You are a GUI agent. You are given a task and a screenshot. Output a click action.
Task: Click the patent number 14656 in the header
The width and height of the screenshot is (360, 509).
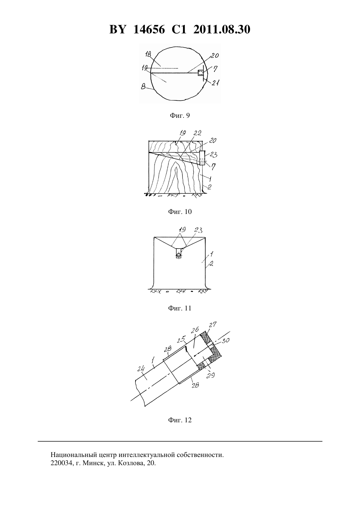pyautogui.click(x=149, y=29)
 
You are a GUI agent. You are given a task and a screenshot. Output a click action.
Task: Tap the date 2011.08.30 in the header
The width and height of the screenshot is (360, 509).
pyautogui.click(x=222, y=29)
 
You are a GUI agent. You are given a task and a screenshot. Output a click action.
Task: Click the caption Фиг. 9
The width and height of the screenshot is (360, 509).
pyautogui.click(x=180, y=116)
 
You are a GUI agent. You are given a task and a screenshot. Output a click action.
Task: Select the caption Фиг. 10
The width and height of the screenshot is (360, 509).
pyautogui.click(x=180, y=212)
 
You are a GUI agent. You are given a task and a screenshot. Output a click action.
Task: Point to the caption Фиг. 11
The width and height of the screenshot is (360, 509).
pyautogui.click(x=180, y=308)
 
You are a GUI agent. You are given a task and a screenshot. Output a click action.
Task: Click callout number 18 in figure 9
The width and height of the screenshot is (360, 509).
pyautogui.click(x=148, y=55)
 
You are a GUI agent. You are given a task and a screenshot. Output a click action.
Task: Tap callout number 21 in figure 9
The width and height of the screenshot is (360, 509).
pyautogui.click(x=215, y=83)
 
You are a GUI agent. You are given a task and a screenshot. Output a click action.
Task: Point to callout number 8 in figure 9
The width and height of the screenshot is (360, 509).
pyautogui.click(x=143, y=87)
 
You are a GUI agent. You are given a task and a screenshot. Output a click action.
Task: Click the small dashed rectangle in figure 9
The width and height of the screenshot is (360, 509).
pyautogui.click(x=201, y=73)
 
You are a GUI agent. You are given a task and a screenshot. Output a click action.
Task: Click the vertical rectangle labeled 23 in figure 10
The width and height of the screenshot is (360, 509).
pyautogui.click(x=202, y=157)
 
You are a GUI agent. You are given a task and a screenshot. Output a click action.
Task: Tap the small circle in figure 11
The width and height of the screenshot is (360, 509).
pyautogui.click(x=179, y=255)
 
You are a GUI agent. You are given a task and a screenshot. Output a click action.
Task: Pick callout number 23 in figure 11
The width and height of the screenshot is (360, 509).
pyautogui.click(x=198, y=230)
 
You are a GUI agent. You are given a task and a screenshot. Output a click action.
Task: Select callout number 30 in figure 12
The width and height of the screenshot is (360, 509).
pyautogui.click(x=226, y=340)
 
